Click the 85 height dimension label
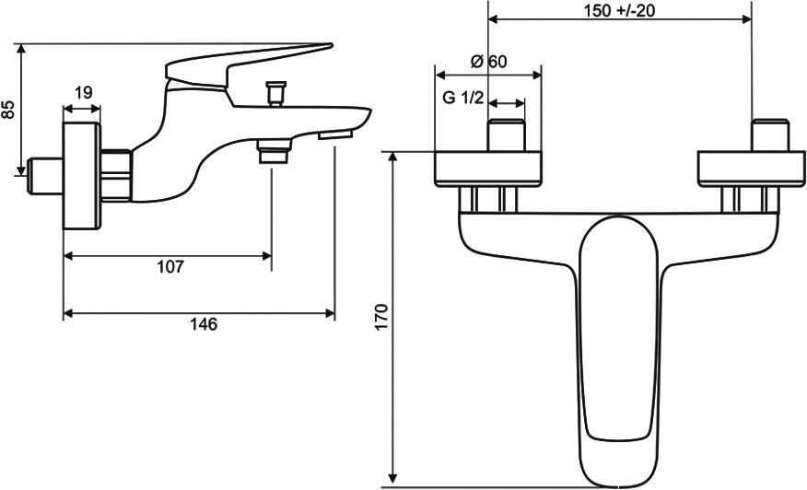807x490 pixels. click(x=8, y=109)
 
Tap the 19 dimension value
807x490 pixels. click(x=84, y=93)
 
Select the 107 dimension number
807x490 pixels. click(x=170, y=266)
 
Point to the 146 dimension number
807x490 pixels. click(x=204, y=324)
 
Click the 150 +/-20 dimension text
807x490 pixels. click(x=620, y=10)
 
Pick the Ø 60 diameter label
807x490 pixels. click(x=488, y=62)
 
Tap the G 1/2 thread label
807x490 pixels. click(x=463, y=98)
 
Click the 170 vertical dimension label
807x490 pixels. click(x=380, y=317)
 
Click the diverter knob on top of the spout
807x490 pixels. click(x=275, y=94)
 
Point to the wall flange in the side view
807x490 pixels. click(x=81, y=176)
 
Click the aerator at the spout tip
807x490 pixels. click(x=335, y=134)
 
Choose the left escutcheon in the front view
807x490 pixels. click(x=488, y=169)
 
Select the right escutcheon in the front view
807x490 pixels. click(x=752, y=169)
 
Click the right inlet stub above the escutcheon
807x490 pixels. click(x=769, y=134)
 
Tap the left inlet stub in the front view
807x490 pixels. click(x=507, y=134)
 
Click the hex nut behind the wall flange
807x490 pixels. click(x=116, y=175)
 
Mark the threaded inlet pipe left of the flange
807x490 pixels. click(x=45, y=176)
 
